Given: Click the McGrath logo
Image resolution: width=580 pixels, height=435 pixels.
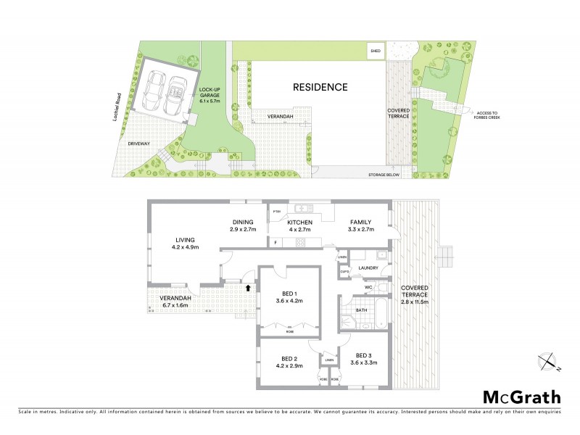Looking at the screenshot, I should click(x=522, y=397).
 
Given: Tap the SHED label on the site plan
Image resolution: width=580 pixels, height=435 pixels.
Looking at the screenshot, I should click(x=376, y=51).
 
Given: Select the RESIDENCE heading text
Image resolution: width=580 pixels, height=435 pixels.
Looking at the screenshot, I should click(x=320, y=87).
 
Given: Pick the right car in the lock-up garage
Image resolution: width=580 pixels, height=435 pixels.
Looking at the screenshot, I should click(x=175, y=96).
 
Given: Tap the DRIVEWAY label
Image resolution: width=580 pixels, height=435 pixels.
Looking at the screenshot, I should click(x=138, y=144).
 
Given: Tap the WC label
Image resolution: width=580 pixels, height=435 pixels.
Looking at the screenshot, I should click(x=369, y=288).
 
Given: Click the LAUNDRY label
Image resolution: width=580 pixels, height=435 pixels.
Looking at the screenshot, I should click(x=368, y=268).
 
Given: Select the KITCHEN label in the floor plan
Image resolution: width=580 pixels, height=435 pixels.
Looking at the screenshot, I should click(x=299, y=222).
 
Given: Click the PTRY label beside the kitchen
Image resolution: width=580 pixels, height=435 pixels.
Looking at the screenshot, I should click(x=276, y=211).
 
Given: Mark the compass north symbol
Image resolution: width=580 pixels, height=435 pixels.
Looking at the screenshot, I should click(x=550, y=361).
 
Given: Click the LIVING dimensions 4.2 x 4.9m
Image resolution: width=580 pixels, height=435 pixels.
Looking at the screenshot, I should click(x=185, y=247).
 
